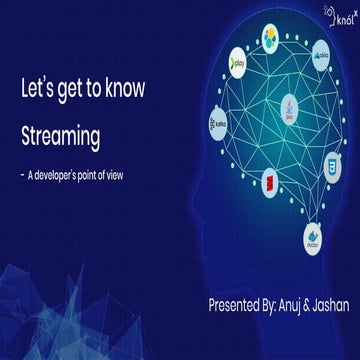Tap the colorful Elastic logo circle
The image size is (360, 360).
pyautogui.click(x=272, y=38)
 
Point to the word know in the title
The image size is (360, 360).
pyautogui.click(x=123, y=89)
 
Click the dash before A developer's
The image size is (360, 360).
pyautogui.click(x=21, y=174)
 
